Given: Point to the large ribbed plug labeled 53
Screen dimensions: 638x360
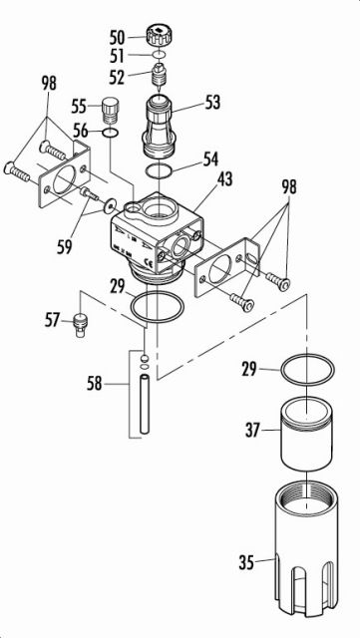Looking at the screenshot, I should point(160,125).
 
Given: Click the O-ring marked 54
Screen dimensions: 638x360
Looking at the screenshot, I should point(158,170).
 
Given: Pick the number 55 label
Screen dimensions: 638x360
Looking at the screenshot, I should point(79,105).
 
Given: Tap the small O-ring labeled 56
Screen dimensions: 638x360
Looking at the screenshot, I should point(111,131).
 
